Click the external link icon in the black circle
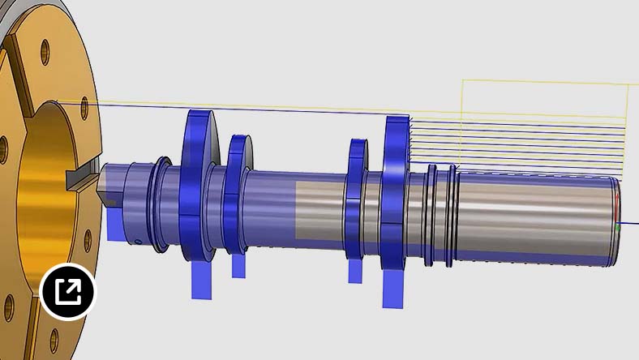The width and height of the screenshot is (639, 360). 68,291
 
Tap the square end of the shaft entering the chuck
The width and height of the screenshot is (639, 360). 109,191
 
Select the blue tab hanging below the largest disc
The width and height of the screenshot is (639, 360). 201,280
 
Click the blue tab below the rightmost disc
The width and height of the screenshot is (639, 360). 394,289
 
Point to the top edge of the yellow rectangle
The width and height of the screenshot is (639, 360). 543,80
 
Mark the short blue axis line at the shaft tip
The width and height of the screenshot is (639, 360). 629,223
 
